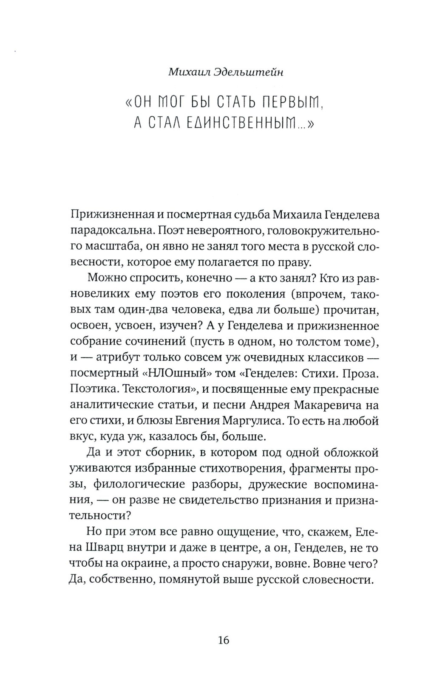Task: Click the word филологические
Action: pos(142,484)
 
